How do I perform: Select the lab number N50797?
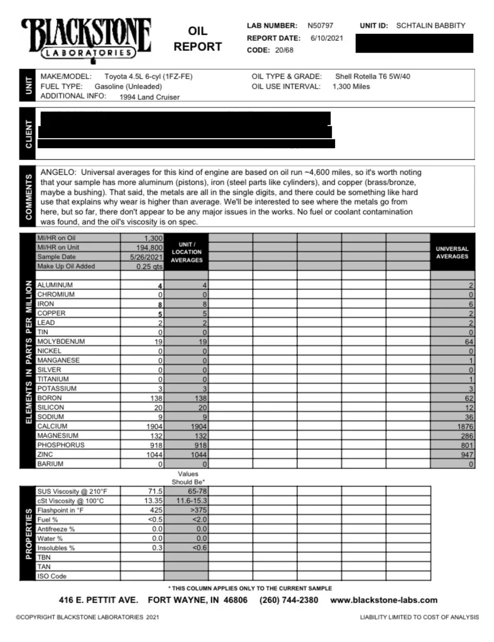pos(321,26)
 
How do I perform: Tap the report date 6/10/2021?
pos(327,38)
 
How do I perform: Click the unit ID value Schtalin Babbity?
pos(431,26)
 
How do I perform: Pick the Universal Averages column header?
pos(452,252)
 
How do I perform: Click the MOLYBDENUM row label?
pos(61,341)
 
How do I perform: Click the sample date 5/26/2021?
pos(146,257)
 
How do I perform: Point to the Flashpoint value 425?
pos(156,510)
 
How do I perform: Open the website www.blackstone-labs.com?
pos(383,600)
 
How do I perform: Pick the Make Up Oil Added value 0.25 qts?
pos(150,266)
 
